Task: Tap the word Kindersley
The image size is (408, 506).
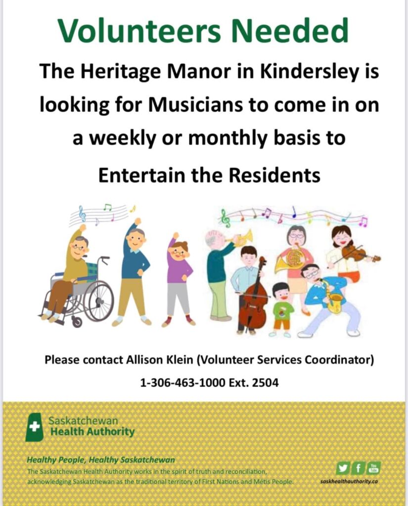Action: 310,71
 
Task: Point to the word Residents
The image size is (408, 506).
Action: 274,175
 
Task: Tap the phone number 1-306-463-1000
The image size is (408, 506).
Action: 182,383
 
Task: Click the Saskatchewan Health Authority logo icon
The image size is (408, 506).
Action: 34,427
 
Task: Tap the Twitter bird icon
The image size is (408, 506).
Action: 342,468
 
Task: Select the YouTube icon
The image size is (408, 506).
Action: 374,468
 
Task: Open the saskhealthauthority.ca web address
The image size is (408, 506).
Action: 349,481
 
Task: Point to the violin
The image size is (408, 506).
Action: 360,253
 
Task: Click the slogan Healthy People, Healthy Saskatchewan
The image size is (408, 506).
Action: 101,460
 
